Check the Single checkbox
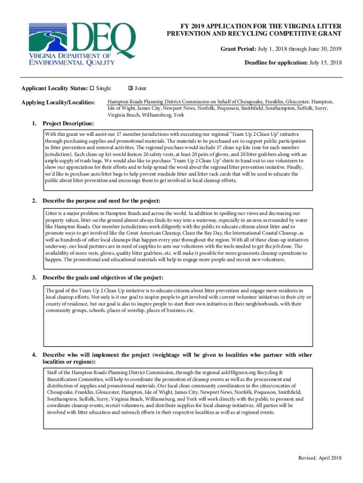(92, 88)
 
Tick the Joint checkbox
(131, 88)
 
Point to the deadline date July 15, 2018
(325, 63)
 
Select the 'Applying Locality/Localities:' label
(58, 102)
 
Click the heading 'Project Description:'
(68, 124)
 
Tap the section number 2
(34, 201)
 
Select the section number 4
(34, 355)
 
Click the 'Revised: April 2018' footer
(320, 458)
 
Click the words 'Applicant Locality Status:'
(55, 88)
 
